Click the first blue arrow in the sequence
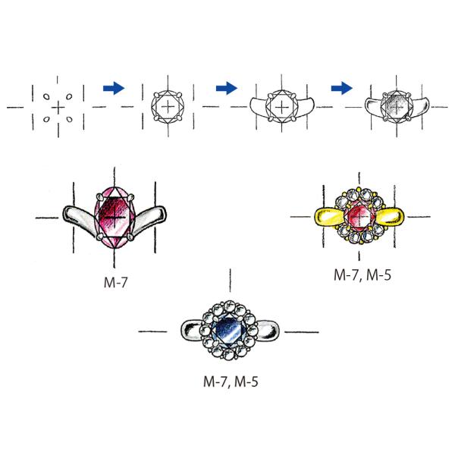point(114,88)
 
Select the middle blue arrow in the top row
point(227,88)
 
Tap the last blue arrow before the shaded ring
point(342,88)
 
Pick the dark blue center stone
point(229,331)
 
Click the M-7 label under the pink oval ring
point(115,282)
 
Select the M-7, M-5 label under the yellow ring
point(362,275)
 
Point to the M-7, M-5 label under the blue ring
point(231,381)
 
